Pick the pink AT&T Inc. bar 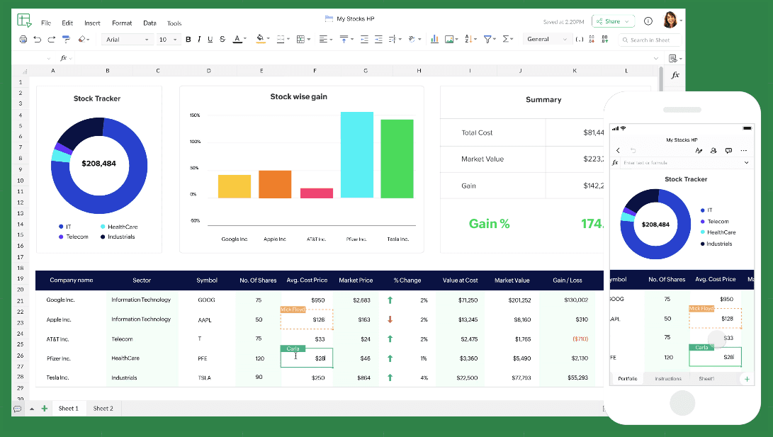(317, 193)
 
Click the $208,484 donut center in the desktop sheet (98, 163)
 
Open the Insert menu (92, 23)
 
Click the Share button (608, 21)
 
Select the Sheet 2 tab (103, 409)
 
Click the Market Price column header (356, 280)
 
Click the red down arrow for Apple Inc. (390, 319)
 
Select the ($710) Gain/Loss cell (580, 339)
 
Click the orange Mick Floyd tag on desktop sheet (293, 310)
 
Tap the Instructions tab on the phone (667, 379)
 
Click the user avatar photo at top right (670, 21)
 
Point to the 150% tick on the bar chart (194, 115)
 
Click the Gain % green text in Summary (489, 224)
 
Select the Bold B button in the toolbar (188, 40)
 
